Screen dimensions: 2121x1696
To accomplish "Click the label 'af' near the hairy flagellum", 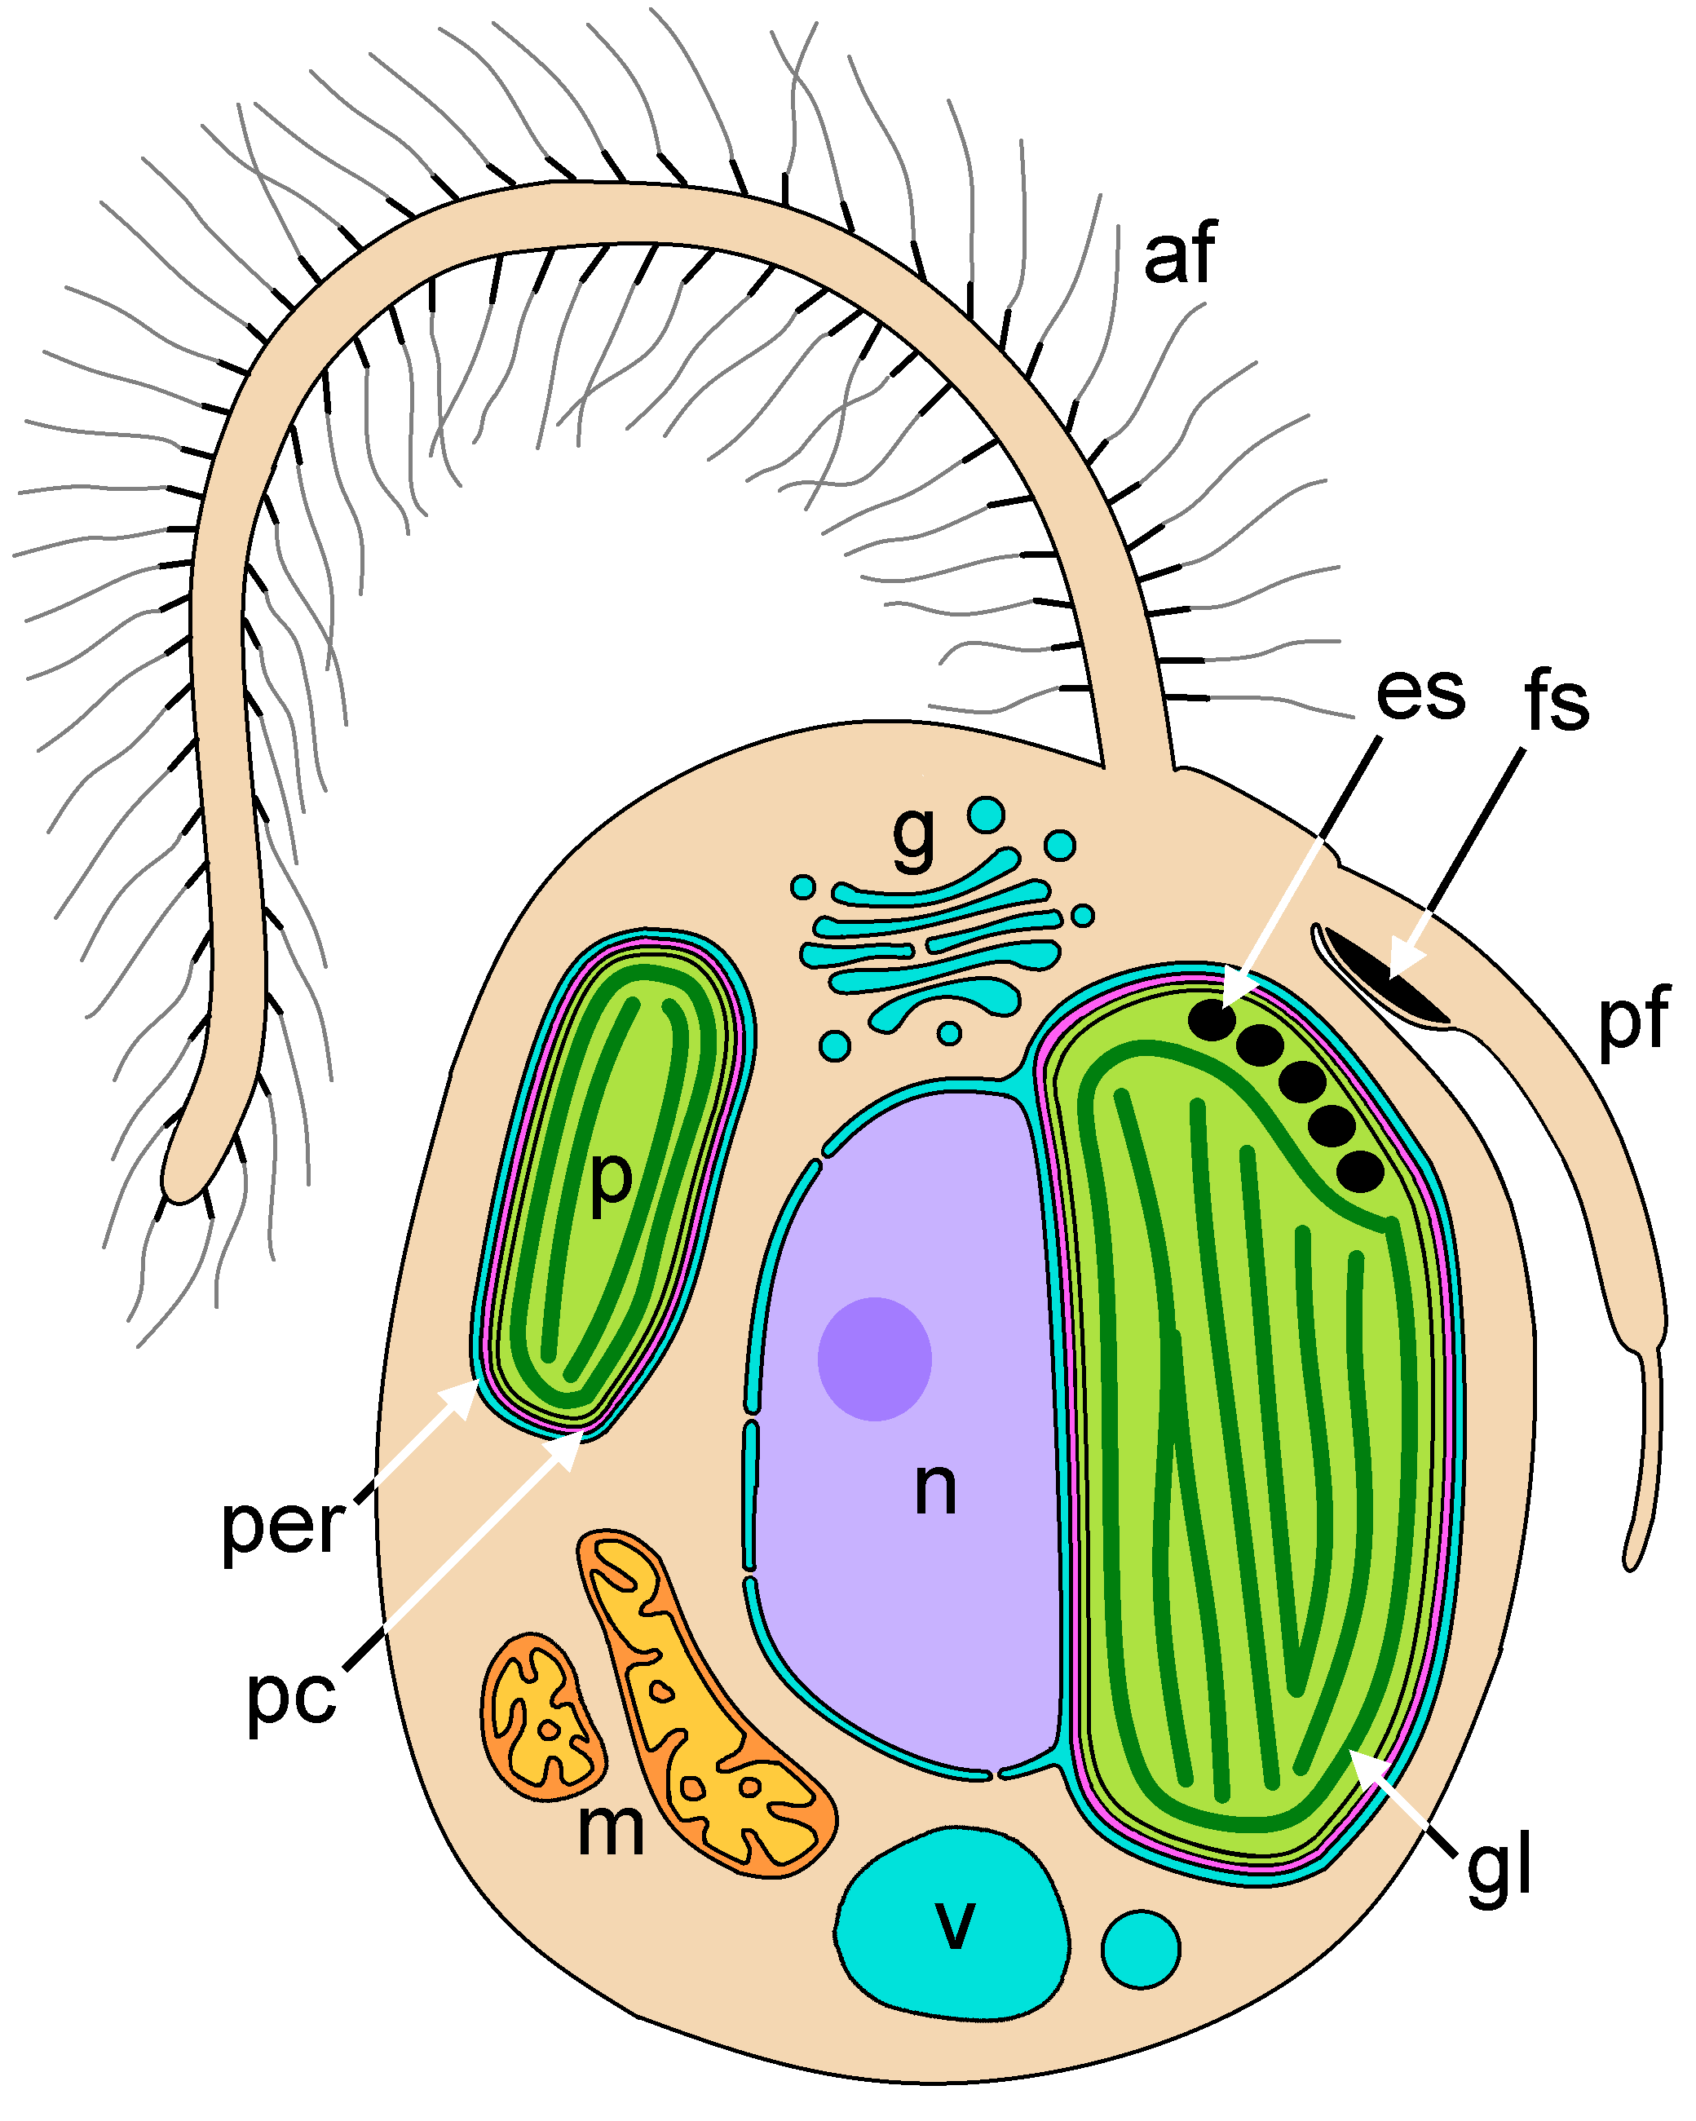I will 1180,254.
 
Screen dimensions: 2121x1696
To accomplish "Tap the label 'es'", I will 1420,692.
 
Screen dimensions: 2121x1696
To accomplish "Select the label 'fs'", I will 1557,701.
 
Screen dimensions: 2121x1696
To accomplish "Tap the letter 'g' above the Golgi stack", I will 914,835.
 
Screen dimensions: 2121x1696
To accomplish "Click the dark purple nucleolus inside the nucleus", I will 875,1359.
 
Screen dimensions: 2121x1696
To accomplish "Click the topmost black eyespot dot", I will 1212,1019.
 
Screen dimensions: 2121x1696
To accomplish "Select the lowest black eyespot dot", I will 1359,1171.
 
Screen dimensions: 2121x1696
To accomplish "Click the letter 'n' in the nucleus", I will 934,1487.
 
